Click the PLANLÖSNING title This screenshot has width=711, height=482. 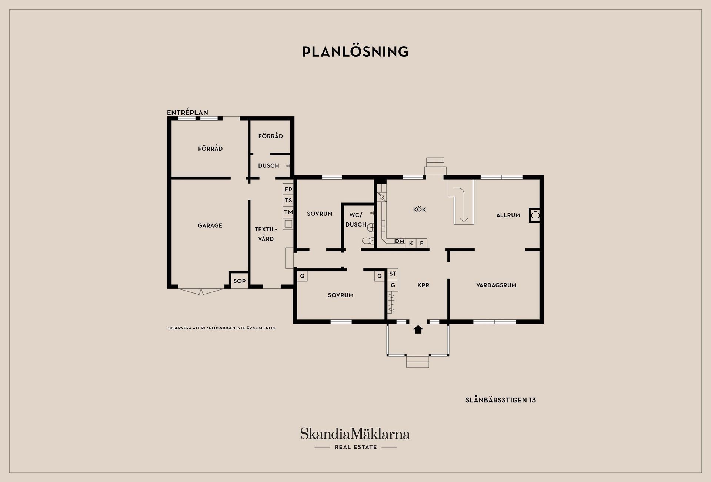click(x=355, y=52)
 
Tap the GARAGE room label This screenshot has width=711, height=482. click(x=210, y=225)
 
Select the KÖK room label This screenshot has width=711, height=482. click(x=419, y=210)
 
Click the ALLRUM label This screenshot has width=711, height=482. click(x=508, y=215)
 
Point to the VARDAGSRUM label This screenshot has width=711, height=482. click(x=496, y=285)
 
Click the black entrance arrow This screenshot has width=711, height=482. click(x=418, y=329)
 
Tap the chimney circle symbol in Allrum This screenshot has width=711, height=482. click(x=535, y=215)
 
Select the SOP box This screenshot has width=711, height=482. click(x=239, y=281)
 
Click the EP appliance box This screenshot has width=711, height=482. click(x=288, y=189)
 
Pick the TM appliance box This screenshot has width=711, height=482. click(x=288, y=212)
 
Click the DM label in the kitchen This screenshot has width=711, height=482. click(x=399, y=241)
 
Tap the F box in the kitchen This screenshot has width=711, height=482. click(x=421, y=243)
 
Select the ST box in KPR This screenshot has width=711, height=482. click(x=393, y=274)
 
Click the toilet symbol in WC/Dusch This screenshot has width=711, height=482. click(x=368, y=241)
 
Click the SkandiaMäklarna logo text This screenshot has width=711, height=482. click(x=355, y=434)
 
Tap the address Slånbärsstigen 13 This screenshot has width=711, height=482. click(x=501, y=400)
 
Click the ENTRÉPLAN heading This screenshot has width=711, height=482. click(x=187, y=112)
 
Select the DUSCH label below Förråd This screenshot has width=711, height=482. click(x=268, y=165)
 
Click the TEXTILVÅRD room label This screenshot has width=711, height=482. click(x=266, y=234)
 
